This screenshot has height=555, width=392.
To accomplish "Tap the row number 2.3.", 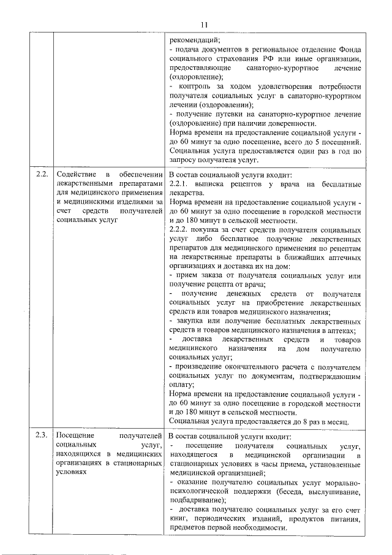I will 42,436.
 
